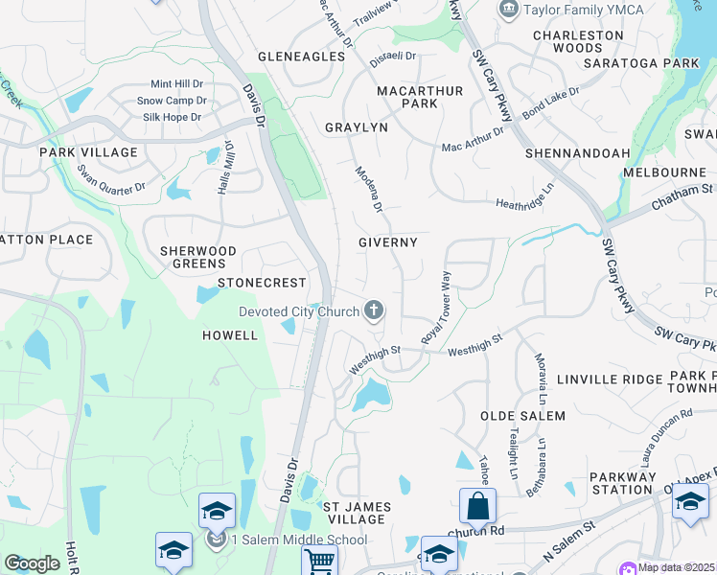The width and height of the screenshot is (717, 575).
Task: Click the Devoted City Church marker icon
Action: pos(374,310)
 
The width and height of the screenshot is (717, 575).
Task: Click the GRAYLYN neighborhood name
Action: pos(356,127)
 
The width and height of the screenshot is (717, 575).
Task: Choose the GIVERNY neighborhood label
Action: pos(388,242)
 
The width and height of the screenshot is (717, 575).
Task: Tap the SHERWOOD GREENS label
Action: pos(198,258)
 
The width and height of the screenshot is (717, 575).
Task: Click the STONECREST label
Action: pos(262,283)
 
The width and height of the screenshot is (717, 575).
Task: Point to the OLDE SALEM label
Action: pos(522,416)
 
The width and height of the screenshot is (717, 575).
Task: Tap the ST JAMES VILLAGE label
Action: pos(354,513)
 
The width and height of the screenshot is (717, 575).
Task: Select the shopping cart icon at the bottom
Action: pos(320,560)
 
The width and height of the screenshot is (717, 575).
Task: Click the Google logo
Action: pos(32,563)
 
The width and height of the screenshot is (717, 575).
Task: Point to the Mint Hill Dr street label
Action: pos(177,83)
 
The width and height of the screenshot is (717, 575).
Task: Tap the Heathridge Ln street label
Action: pos(524,204)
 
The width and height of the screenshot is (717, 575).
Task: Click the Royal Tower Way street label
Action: pos(436,308)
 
